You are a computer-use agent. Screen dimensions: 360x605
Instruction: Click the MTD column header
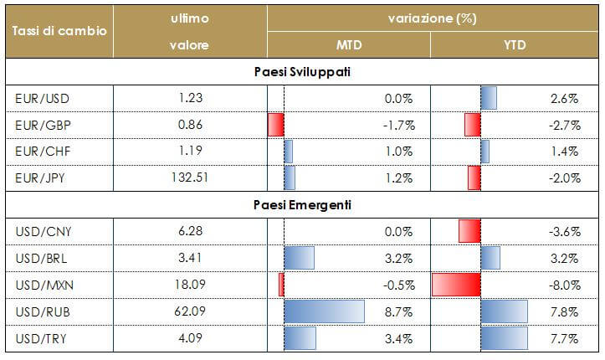click(348, 44)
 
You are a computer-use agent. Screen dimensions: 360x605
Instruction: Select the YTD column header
click(515, 44)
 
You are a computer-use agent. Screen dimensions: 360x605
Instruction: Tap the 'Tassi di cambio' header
click(59, 31)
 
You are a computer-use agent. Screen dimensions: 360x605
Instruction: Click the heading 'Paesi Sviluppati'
click(302, 72)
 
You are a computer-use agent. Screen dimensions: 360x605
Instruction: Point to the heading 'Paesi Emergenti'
click(302, 204)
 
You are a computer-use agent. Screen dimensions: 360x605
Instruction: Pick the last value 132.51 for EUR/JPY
click(194, 177)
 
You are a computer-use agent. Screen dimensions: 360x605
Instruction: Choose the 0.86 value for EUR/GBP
click(194, 126)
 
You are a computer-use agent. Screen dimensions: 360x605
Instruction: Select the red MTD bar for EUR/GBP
click(276, 126)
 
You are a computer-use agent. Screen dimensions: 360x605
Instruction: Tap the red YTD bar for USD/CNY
click(469, 231)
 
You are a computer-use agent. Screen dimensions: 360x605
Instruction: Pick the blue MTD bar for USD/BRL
click(300, 257)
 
